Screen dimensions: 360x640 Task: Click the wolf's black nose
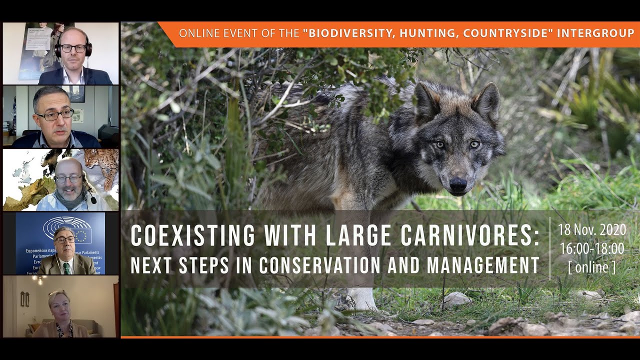click(x=458, y=184)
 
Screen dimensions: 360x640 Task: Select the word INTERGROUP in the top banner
click(x=595, y=34)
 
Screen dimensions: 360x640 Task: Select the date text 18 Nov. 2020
click(x=592, y=230)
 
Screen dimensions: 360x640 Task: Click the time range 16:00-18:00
click(x=592, y=248)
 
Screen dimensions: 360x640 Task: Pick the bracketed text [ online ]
click(x=592, y=267)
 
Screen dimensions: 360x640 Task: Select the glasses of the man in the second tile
click(x=54, y=115)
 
